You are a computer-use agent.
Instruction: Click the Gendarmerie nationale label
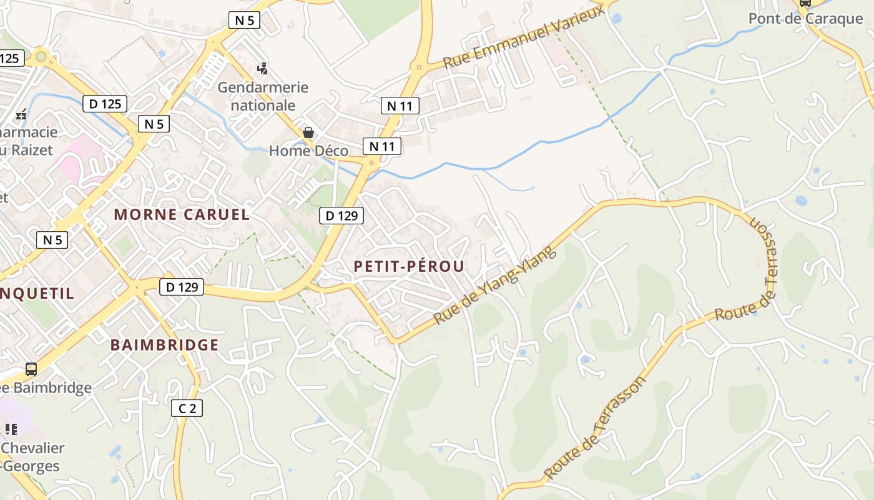pyautogui.click(x=263, y=96)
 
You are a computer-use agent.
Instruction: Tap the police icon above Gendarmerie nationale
pyautogui.click(x=263, y=68)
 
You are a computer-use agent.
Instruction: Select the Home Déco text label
pyautogui.click(x=308, y=151)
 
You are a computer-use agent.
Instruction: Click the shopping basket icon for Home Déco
pyautogui.click(x=308, y=132)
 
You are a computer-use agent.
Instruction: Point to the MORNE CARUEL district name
pyautogui.click(x=182, y=214)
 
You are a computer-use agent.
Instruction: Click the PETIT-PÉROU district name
pyautogui.click(x=409, y=266)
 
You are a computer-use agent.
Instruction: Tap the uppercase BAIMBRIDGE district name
pyautogui.click(x=165, y=345)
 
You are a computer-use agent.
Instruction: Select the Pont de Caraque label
pyautogui.click(x=805, y=18)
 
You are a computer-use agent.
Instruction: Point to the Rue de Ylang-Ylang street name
pyautogui.click(x=494, y=286)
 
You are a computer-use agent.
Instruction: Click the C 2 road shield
pyautogui.click(x=187, y=409)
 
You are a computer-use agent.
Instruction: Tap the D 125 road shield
pyautogui.click(x=105, y=104)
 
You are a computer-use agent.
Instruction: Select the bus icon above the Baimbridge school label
pyautogui.click(x=31, y=369)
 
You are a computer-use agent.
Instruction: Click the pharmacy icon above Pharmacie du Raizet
pyautogui.click(x=21, y=114)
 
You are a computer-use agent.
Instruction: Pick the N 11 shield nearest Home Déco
pyautogui.click(x=382, y=146)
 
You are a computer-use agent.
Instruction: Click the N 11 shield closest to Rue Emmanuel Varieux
pyautogui.click(x=400, y=106)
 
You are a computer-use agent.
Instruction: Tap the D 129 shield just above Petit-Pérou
pyautogui.click(x=341, y=216)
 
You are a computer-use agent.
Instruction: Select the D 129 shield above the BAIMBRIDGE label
pyautogui.click(x=182, y=287)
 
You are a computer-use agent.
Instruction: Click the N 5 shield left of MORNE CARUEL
pyautogui.click(x=52, y=239)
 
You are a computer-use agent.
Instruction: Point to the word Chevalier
pyautogui.click(x=33, y=448)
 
